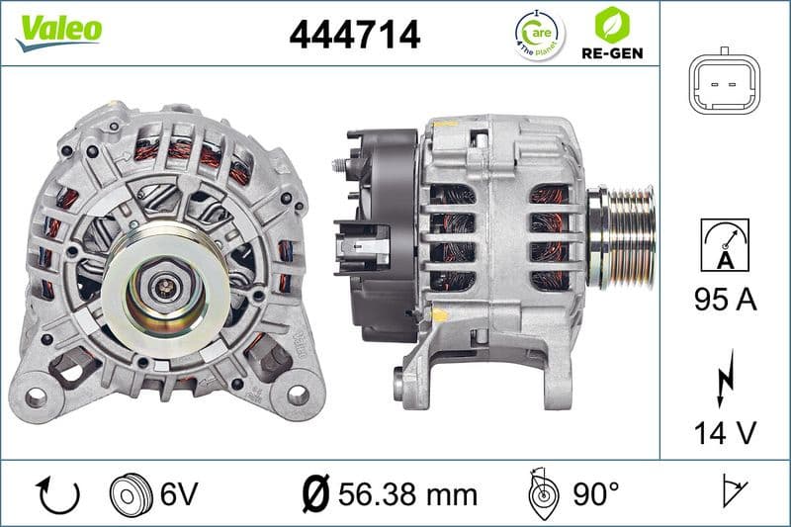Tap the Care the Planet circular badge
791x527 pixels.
tap(540, 34)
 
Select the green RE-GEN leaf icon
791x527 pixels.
tap(611, 24)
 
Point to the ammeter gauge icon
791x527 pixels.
tap(725, 243)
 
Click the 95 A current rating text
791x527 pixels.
tap(725, 300)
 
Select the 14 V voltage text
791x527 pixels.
tap(725, 433)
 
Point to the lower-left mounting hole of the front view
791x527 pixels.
tap(37, 396)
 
